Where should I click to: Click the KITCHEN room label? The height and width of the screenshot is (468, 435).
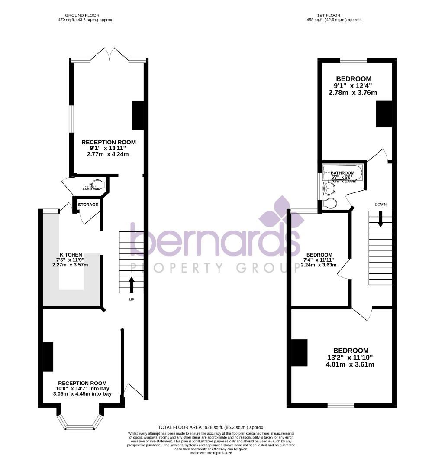click(71, 255)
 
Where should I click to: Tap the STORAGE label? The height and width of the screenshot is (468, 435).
click(88, 205)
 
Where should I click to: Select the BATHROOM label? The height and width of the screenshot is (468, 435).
click(342, 173)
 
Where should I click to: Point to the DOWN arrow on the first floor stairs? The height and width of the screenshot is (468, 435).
click(380, 219)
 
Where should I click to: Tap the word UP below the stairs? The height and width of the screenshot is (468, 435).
click(132, 299)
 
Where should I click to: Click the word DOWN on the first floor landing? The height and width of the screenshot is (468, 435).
click(380, 204)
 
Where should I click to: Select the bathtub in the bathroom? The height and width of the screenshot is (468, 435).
click(342, 173)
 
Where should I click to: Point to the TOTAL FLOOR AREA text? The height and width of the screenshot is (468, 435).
click(211, 427)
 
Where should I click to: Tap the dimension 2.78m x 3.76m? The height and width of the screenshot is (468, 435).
click(353, 92)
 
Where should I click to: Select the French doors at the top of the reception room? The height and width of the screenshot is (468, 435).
click(110, 55)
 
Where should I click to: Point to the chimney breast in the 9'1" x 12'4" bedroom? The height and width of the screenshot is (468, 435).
click(383, 114)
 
